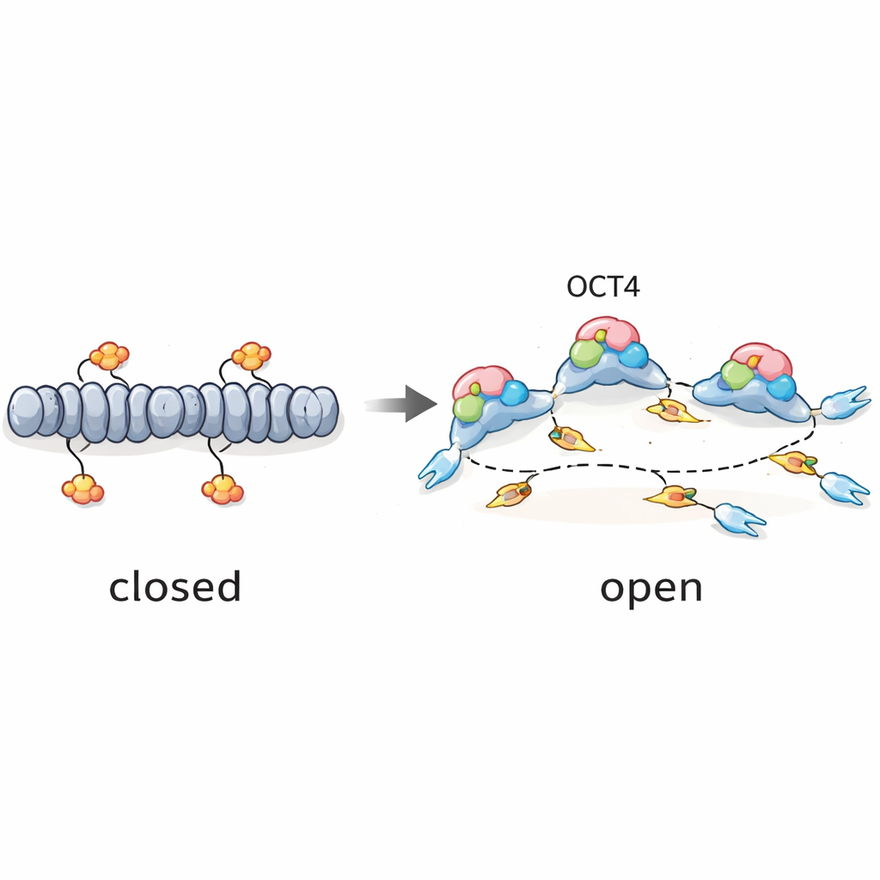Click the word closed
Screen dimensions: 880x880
pyautogui.click(x=174, y=587)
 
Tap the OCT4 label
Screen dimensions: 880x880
pyautogui.click(x=602, y=287)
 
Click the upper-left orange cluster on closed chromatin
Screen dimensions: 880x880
pyautogui.click(x=110, y=355)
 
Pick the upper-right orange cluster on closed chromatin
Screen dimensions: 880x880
pyautogui.click(x=252, y=354)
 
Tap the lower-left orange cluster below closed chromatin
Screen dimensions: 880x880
pyautogui.click(x=82, y=489)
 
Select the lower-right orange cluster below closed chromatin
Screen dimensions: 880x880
pyautogui.click(x=223, y=489)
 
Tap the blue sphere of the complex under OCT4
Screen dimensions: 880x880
pyautogui.click(x=635, y=354)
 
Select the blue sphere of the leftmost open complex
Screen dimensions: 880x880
pyautogui.click(x=513, y=393)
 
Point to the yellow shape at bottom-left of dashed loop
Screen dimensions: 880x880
pyautogui.click(x=509, y=494)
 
